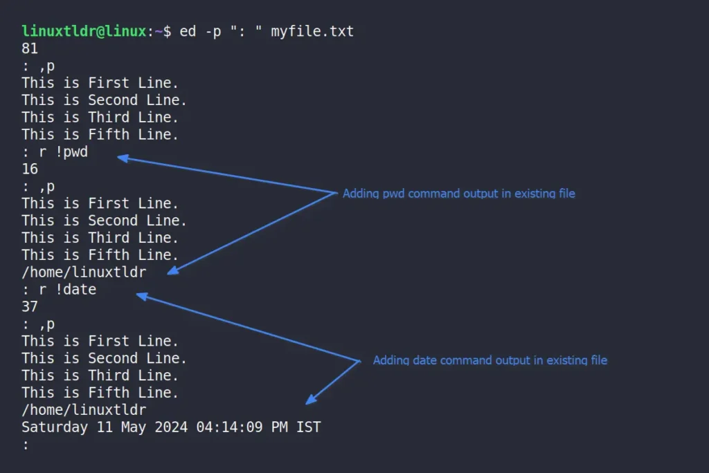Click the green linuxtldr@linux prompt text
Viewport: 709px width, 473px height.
(x=84, y=31)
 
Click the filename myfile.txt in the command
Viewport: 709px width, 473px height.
(x=312, y=32)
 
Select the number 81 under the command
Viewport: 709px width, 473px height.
(x=30, y=48)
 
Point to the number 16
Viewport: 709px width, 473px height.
(x=30, y=169)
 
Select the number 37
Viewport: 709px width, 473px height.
(x=30, y=307)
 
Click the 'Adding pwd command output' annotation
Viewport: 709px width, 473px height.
(x=458, y=194)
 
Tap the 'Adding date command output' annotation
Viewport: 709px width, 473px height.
(x=490, y=360)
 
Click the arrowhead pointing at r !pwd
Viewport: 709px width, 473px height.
(x=123, y=158)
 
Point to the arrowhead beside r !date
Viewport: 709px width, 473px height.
(x=142, y=296)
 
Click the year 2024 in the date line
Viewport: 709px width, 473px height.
(x=171, y=427)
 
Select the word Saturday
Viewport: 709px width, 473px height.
(x=55, y=427)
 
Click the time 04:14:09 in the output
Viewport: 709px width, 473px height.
(x=229, y=427)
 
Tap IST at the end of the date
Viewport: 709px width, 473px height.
(x=308, y=427)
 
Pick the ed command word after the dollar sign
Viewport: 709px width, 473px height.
(x=188, y=31)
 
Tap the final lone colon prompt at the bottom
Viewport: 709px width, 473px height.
(x=26, y=445)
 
